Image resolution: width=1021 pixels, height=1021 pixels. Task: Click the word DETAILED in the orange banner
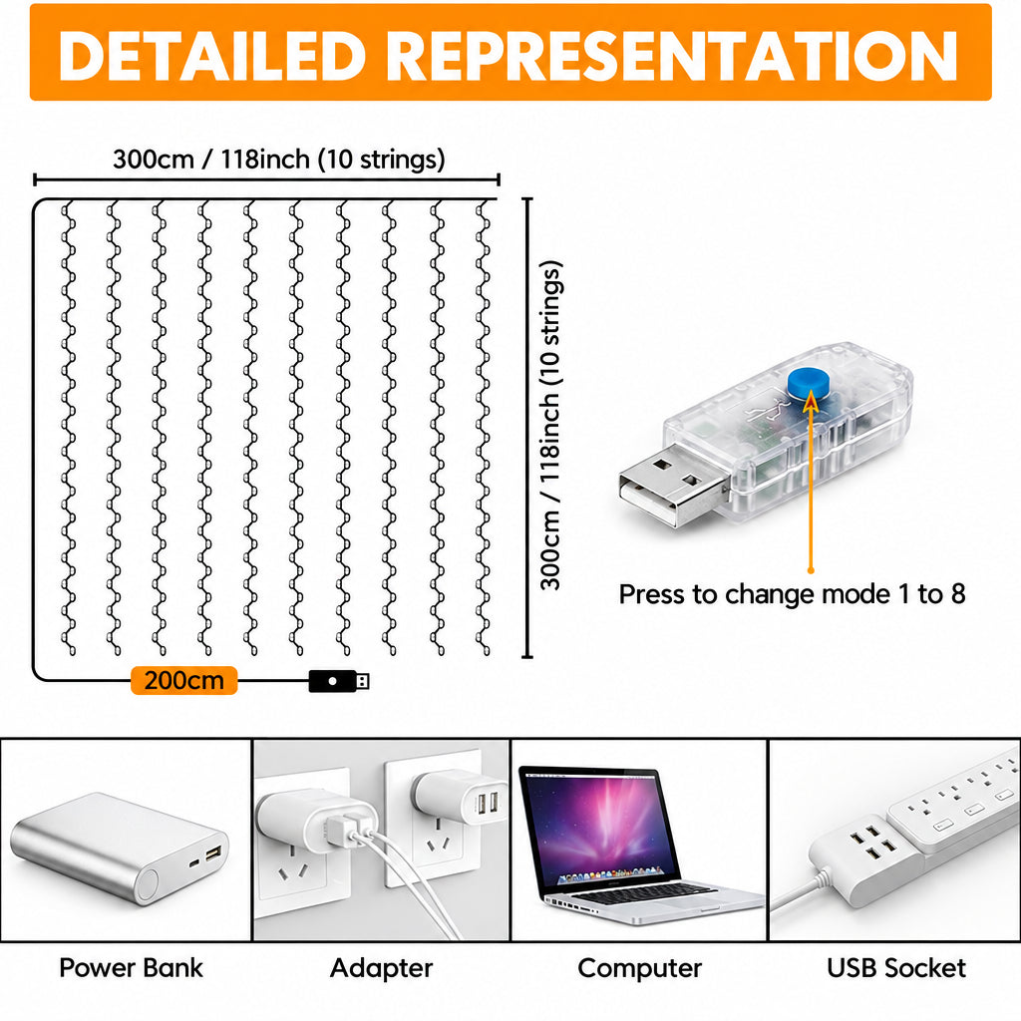pyautogui.click(x=212, y=56)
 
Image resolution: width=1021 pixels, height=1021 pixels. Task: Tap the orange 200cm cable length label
pyautogui.click(x=184, y=680)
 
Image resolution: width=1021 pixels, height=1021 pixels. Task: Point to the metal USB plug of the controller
pyautogui.click(x=672, y=485)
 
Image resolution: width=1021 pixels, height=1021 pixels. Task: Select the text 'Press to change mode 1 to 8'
pyautogui.click(x=792, y=594)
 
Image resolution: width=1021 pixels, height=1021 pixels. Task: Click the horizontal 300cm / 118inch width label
pyautogui.click(x=279, y=159)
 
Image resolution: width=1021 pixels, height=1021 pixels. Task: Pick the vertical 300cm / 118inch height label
pyautogui.click(x=550, y=425)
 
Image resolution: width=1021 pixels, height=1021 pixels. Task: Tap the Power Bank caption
pyautogui.click(x=131, y=967)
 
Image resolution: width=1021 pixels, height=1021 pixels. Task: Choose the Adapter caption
pyautogui.click(x=382, y=968)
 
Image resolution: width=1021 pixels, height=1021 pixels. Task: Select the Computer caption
pyautogui.click(x=639, y=968)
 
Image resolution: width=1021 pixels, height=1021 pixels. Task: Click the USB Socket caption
pyautogui.click(x=896, y=967)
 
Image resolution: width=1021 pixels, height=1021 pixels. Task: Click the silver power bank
pyautogui.click(x=120, y=848)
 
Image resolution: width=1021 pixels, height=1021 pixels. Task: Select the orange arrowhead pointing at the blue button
pyautogui.click(x=811, y=402)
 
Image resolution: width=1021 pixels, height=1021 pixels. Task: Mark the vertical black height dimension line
pyautogui.click(x=527, y=428)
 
